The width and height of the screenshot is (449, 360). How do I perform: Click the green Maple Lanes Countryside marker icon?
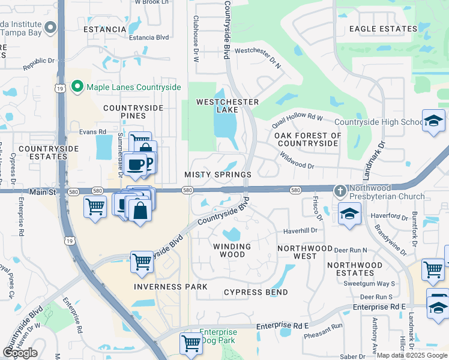77,88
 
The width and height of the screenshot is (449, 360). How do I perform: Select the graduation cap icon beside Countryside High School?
433,121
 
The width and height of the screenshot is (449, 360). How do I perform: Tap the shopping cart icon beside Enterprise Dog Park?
191,343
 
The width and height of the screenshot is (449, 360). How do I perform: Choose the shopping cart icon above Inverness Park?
142,262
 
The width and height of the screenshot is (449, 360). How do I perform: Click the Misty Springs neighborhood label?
217,175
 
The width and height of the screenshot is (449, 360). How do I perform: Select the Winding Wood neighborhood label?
232,251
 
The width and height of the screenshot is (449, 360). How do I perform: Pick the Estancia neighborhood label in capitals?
105,29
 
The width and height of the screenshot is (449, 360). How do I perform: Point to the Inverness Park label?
166,287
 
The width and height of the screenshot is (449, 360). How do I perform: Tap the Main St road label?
43,192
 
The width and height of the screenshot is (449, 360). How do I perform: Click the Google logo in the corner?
20,353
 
